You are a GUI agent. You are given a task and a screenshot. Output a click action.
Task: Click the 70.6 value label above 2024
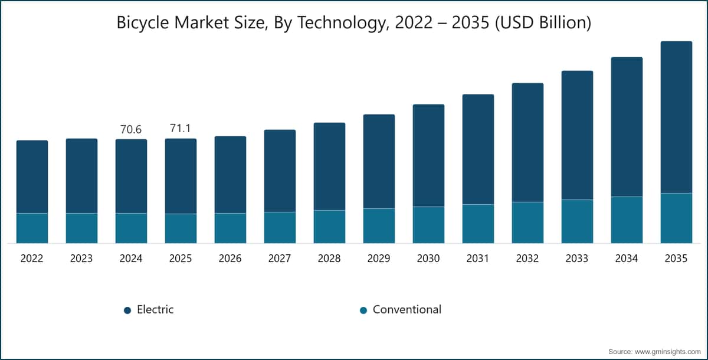tap(131, 129)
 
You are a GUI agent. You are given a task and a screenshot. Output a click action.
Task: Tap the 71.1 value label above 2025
tap(181, 128)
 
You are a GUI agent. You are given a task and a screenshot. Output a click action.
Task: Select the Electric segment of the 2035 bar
tap(676, 117)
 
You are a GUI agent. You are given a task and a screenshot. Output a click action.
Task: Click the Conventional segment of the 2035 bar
tap(676, 218)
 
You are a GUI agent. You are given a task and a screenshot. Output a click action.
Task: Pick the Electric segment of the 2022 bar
tap(32, 176)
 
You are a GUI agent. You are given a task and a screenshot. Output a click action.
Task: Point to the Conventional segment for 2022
tap(32, 228)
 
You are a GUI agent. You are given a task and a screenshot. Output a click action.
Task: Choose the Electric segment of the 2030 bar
tap(428, 155)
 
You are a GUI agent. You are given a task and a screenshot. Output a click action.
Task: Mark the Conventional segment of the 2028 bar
tap(329, 227)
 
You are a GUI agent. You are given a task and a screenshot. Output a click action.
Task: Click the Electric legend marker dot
tap(127, 310)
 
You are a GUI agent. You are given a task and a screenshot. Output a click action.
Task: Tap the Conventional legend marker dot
tap(363, 310)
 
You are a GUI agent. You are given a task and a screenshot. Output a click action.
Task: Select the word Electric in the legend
tap(155, 309)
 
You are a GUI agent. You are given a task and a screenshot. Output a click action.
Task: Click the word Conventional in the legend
tap(407, 309)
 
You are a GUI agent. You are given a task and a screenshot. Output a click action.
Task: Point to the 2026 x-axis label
tap(230, 258)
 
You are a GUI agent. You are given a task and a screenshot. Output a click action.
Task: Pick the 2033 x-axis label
tap(577, 258)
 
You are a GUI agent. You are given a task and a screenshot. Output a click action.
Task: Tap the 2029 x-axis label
tap(379, 258)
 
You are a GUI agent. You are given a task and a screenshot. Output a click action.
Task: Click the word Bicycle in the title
tap(143, 23)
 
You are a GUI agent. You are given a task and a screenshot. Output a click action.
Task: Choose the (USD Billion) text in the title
tap(543, 23)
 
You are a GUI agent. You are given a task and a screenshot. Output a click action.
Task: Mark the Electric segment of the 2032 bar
tap(527, 143)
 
